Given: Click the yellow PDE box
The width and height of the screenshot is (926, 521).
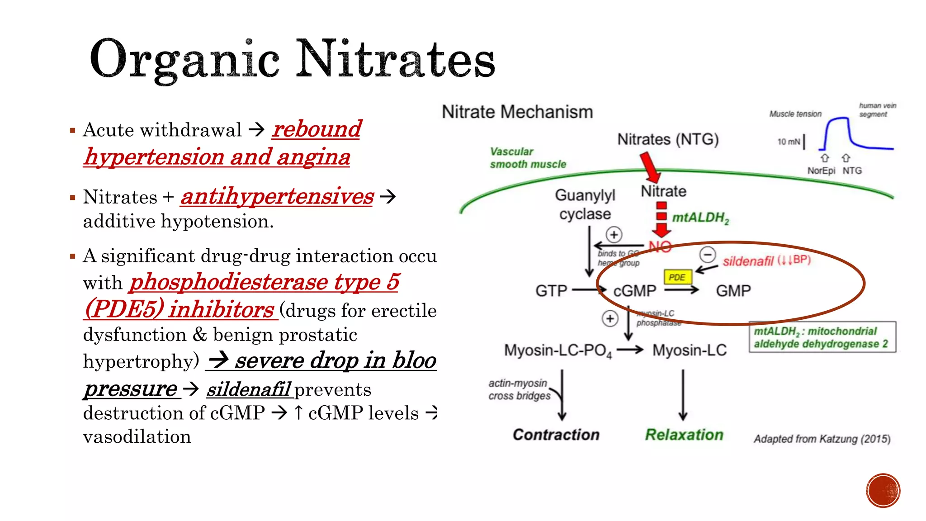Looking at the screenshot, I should pos(677,277).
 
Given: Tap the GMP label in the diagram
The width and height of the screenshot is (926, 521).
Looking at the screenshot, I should pos(733,291).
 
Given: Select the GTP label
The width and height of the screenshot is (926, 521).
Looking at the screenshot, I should pos(551,291).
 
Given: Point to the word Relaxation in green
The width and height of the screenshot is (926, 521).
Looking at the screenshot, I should pos(684,435).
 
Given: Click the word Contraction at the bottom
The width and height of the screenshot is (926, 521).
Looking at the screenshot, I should pos(556,435).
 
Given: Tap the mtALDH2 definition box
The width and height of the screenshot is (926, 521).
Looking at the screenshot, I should pos(822,337).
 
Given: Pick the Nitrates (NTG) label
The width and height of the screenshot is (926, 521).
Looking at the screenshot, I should pos(668,139).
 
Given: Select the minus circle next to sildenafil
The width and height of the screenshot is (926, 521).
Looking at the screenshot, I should pos(708,255).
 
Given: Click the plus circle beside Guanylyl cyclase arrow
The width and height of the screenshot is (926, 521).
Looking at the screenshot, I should pos(614,235).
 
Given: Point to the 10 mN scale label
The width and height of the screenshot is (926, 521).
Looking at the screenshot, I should pos(789,142).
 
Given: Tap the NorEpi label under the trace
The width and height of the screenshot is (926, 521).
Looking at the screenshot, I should pos(821,171).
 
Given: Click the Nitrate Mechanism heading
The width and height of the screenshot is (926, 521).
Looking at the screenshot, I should pos(517,112).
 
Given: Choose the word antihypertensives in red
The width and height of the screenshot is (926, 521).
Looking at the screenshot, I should pos(277,197).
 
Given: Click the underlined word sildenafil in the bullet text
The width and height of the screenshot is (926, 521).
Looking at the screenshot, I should pos(249,389).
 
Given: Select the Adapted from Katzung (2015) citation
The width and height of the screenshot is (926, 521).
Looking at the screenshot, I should pos(822,439).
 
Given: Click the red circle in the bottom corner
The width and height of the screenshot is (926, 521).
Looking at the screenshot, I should pos(883,491).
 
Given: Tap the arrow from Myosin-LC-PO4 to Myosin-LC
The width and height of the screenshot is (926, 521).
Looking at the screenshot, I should pos(629,350).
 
